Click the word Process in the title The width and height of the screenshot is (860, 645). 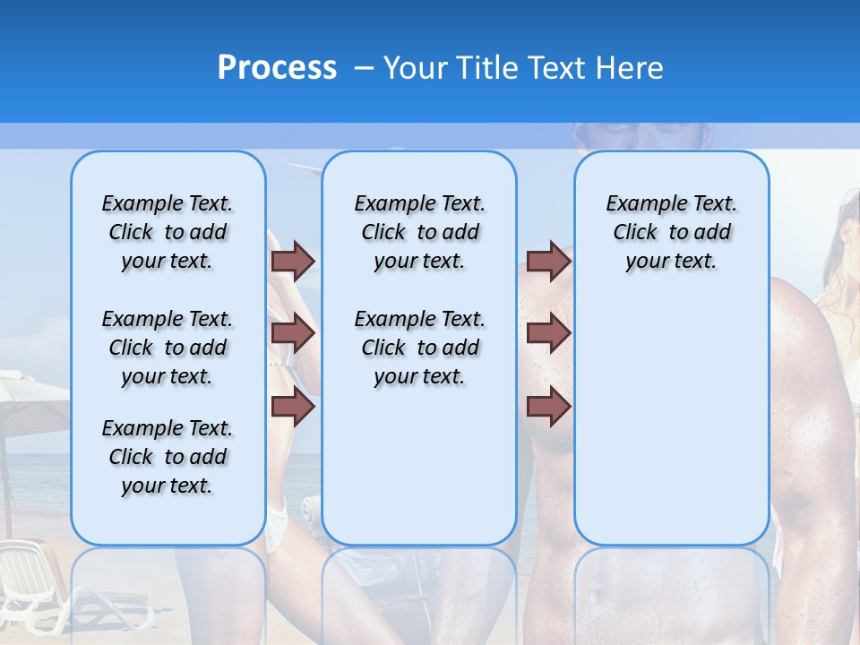[x=277, y=68]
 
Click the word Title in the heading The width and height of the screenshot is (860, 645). [x=483, y=68]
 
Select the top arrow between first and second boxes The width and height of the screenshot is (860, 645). [x=293, y=261]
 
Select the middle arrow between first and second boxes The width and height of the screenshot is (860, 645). [x=293, y=334]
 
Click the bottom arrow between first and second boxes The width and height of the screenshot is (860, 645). [x=293, y=408]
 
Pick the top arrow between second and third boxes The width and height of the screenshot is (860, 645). [x=548, y=261]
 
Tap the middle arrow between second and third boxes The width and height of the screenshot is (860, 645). [x=548, y=334]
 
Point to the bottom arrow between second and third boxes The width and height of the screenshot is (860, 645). [x=548, y=408]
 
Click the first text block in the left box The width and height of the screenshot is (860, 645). [x=168, y=232]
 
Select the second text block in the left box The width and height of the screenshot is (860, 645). [x=168, y=348]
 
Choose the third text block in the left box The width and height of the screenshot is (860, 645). [x=168, y=457]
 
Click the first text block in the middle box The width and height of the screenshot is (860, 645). [x=419, y=232]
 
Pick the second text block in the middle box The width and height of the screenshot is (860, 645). [x=419, y=348]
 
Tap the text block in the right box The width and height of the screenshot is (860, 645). [x=671, y=232]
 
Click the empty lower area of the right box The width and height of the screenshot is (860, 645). [x=671, y=430]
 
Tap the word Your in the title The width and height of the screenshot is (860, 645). [x=416, y=68]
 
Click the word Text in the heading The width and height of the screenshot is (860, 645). [x=555, y=68]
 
